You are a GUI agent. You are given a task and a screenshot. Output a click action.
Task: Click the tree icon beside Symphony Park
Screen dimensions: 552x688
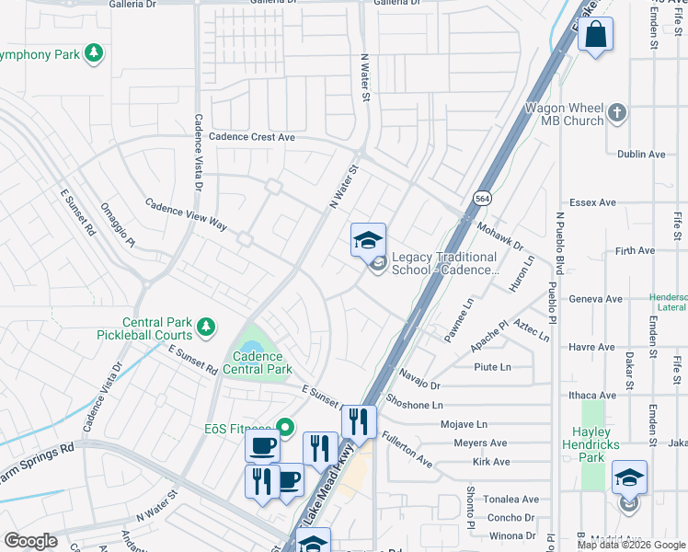click(x=93, y=54)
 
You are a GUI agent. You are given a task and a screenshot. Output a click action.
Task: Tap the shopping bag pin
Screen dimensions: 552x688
click(x=596, y=35)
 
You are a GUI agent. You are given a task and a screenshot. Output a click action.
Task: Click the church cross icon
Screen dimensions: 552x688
click(x=617, y=113)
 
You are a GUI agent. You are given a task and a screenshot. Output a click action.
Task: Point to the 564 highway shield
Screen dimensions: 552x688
click(x=481, y=199)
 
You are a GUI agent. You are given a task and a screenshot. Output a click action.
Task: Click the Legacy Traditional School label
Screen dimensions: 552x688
click(x=444, y=264)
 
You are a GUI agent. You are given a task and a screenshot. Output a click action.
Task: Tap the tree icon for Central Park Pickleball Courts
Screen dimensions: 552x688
click(x=207, y=325)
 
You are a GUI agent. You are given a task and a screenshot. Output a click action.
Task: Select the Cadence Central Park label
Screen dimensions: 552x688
click(x=262, y=362)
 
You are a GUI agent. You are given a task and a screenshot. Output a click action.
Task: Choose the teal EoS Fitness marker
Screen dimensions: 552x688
click(x=285, y=426)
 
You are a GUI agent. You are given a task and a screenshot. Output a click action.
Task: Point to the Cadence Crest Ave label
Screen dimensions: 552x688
click(x=251, y=136)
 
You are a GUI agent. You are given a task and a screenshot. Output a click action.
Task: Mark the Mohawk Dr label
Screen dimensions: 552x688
click(x=499, y=237)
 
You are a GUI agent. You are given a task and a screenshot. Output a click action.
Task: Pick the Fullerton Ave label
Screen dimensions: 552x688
click(x=407, y=447)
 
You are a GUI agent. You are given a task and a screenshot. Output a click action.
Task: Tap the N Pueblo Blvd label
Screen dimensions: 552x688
click(x=558, y=244)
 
